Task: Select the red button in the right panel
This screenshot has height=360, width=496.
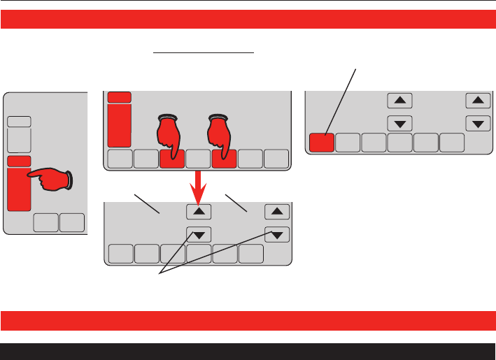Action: coord(321,143)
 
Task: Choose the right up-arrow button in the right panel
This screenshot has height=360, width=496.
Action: coord(478,101)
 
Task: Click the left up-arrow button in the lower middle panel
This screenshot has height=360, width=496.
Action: coord(198,210)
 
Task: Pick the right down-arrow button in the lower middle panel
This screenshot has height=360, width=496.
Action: coord(278,234)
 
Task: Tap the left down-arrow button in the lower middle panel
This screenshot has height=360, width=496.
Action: coord(198,234)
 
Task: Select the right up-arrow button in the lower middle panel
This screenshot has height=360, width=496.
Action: coord(278,210)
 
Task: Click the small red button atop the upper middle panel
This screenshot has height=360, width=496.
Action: coord(119,97)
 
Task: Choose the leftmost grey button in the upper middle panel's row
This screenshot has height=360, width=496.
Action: coord(120,159)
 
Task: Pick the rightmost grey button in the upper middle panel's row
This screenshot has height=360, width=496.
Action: coord(276,159)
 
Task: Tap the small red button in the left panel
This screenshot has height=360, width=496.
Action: coord(19,161)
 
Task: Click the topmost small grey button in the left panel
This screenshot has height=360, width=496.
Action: coord(19,121)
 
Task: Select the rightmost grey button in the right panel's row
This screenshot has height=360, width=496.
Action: coord(451,143)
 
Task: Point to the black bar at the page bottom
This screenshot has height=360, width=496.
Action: coord(248,351)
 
